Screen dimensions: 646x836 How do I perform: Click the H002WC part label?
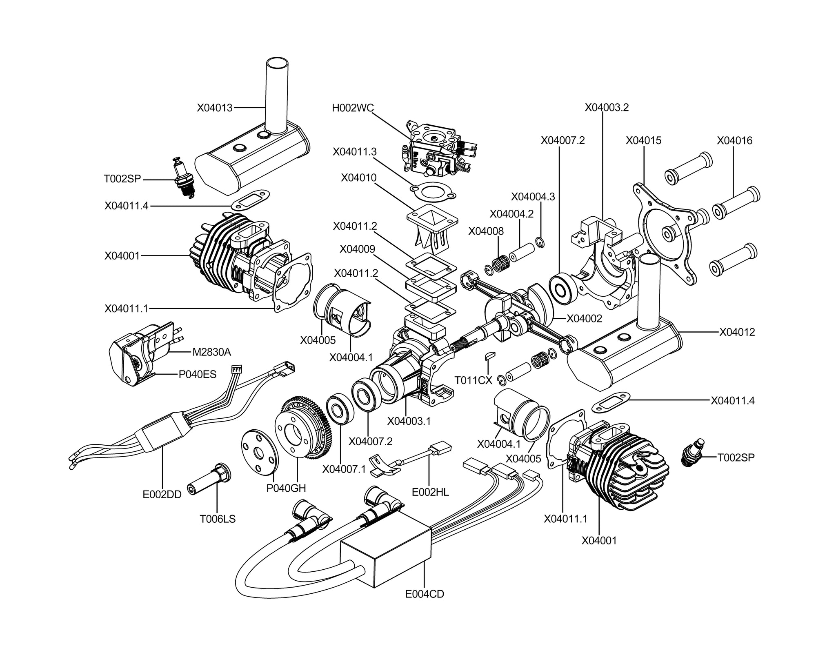353,108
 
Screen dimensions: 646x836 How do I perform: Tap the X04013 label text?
215,108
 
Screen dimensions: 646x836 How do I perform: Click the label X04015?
643,140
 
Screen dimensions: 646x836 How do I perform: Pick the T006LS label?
218,519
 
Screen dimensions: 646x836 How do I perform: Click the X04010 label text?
359,178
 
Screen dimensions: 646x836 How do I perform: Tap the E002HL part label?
430,492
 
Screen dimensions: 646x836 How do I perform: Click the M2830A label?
211,352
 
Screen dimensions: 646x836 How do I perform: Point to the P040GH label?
286,488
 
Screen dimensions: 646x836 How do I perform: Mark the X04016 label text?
735,140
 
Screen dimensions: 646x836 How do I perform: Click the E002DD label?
162,495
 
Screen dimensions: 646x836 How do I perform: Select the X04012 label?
737,332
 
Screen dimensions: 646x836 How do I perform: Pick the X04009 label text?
358,249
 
